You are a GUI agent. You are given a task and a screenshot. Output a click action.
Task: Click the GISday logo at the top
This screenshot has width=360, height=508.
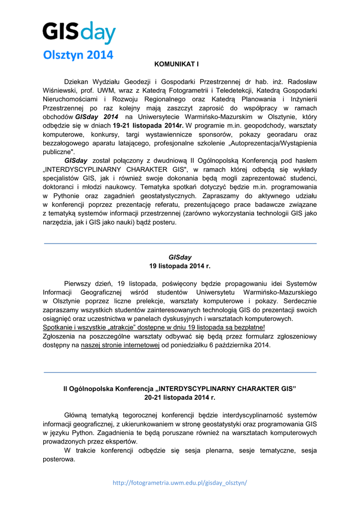pyautogui.click(x=78, y=32)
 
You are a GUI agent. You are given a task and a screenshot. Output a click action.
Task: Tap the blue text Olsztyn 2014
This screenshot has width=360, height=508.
pyautogui.click(x=78, y=55)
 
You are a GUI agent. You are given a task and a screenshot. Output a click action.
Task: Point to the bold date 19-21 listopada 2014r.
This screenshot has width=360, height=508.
pyautogui.click(x=148, y=126)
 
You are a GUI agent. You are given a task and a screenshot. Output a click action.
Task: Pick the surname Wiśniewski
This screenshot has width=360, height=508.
pyautogui.click(x=60, y=90)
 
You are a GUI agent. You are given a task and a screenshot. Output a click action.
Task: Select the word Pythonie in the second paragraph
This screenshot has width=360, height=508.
pyautogui.click(x=67, y=196)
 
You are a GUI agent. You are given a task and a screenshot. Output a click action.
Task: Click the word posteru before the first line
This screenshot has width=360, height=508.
pyautogui.click(x=163, y=223)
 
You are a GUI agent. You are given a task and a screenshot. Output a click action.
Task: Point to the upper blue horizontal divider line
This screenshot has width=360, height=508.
pyautogui.click(x=180, y=244)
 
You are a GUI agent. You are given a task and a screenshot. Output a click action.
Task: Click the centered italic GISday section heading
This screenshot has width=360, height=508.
pyautogui.click(x=180, y=257)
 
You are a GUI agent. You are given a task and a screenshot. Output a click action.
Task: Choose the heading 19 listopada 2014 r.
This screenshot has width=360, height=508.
pyautogui.click(x=180, y=266)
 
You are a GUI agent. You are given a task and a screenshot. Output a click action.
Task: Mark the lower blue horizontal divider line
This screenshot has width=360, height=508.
pyautogui.click(x=180, y=372)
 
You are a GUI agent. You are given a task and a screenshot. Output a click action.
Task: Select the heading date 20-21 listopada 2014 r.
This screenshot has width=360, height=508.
pyautogui.click(x=180, y=397)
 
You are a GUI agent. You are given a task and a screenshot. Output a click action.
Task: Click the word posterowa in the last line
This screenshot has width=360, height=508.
pyautogui.click(x=59, y=459)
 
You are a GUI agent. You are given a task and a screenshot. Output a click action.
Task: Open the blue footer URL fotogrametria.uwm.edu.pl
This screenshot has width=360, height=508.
pyautogui.click(x=180, y=483)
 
